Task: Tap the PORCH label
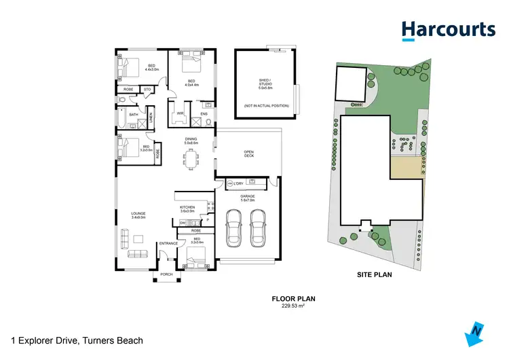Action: (166, 274)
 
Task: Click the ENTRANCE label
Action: (168, 243)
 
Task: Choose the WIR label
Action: (181, 113)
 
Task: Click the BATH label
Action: (134, 115)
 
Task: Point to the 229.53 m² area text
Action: (293, 305)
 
